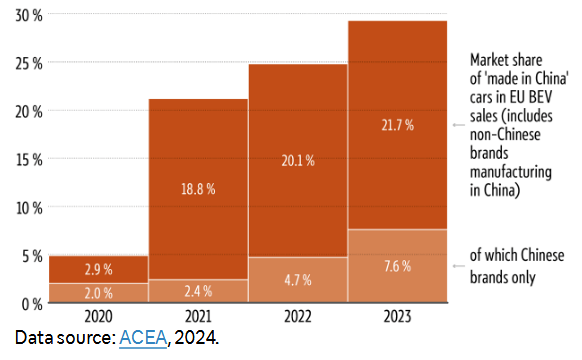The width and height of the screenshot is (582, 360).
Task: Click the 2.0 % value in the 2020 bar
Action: click(97, 292)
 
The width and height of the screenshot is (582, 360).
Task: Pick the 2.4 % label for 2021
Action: click(197, 292)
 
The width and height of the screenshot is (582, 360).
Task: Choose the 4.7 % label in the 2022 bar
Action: click(298, 281)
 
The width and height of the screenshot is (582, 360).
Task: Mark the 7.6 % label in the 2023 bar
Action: click(398, 267)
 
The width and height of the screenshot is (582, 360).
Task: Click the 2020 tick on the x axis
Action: click(97, 316)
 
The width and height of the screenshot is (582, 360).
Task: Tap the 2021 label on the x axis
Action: click(197, 316)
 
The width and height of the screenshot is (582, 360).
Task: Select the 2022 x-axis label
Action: click(298, 316)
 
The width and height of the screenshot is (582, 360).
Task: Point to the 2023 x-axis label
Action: click(398, 316)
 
